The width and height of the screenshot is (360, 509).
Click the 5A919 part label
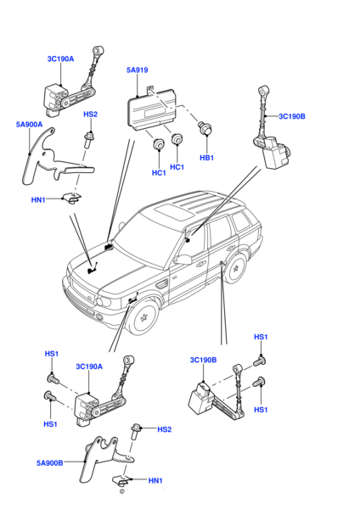137,70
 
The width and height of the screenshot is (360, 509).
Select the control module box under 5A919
150,109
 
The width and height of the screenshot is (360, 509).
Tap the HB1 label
207,158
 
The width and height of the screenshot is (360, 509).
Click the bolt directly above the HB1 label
205,127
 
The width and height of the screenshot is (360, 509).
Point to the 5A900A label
29,125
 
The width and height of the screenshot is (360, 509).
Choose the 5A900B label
50,463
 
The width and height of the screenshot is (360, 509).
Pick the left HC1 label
159,173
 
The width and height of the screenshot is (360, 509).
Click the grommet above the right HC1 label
177,139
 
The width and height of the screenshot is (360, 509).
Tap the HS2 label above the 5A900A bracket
90,115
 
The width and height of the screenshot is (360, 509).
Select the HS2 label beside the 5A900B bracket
164,429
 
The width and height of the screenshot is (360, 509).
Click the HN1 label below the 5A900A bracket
38,200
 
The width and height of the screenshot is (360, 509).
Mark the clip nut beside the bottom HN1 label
121,480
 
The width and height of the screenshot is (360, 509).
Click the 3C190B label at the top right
292,116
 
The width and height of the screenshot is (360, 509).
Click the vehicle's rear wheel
236,268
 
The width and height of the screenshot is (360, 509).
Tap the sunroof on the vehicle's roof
174,211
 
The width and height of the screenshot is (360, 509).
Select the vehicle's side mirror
183,260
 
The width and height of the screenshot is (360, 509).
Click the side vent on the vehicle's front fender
161,285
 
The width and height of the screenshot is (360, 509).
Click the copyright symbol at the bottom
122,491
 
